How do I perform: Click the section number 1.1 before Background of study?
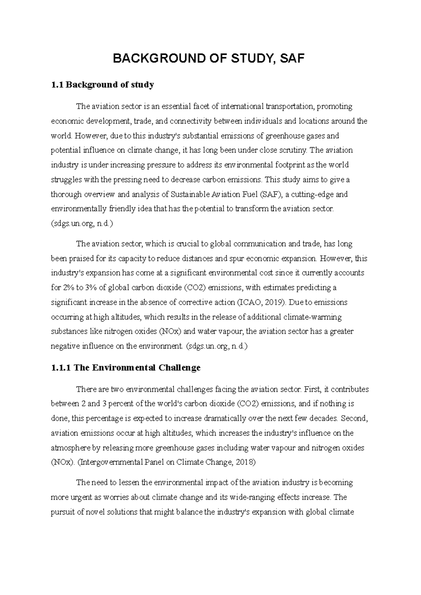coord(56,85)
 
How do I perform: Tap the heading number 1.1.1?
coord(61,368)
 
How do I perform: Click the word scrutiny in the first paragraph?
coord(295,150)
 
